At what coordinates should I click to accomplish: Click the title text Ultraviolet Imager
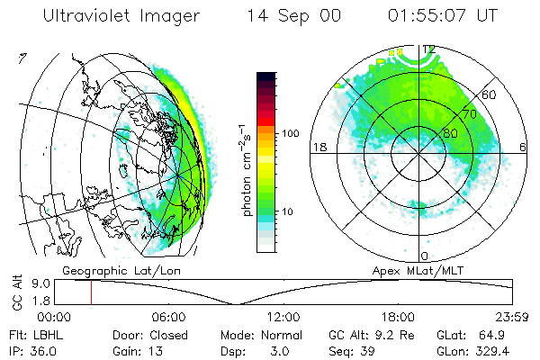[x=122, y=17]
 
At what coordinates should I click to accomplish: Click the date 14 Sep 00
[x=290, y=17]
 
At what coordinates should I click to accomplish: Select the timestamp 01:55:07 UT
[x=441, y=17]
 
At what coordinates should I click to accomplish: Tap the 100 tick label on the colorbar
[x=289, y=133]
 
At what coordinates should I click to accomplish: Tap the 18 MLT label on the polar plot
[x=317, y=147]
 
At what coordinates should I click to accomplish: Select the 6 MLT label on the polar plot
[x=524, y=147]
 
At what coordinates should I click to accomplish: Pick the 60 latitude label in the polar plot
[x=490, y=94]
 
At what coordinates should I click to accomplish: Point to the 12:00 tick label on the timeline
[x=283, y=317]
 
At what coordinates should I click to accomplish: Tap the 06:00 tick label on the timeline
[x=169, y=317]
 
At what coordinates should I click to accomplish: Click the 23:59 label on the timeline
[x=515, y=317]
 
